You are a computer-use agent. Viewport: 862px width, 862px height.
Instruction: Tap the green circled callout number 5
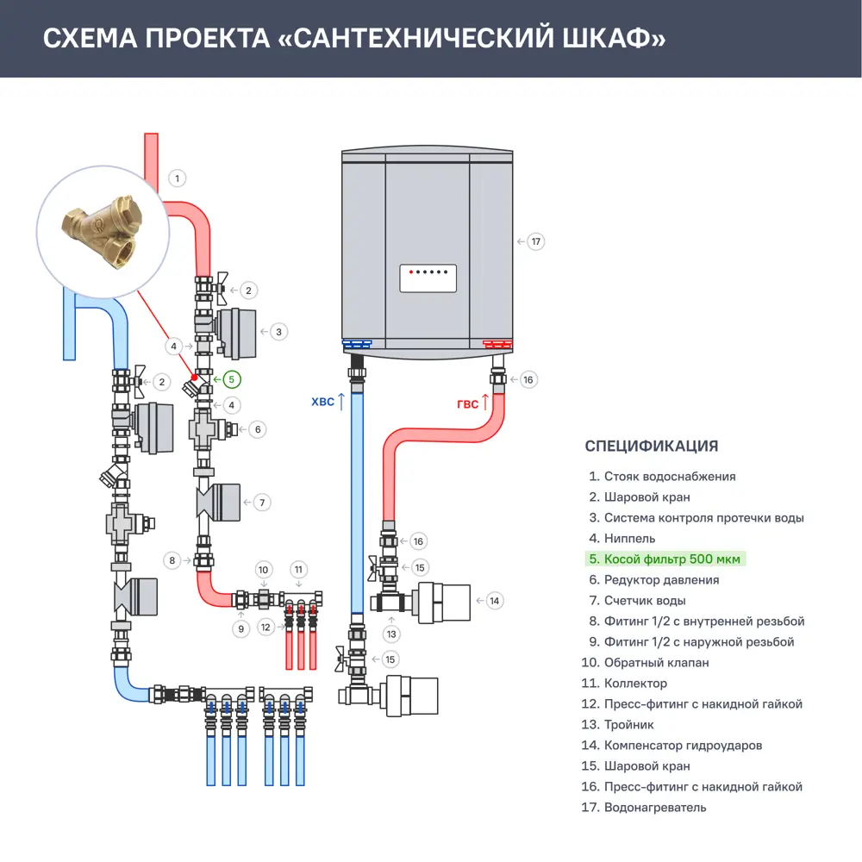[x=230, y=379]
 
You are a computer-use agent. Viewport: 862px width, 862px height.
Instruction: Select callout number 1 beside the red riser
[x=177, y=178]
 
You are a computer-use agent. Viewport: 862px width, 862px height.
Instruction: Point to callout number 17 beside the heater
[x=536, y=241]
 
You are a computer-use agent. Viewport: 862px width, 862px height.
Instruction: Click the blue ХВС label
[x=322, y=402]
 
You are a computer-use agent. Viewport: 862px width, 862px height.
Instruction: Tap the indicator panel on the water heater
[x=428, y=278]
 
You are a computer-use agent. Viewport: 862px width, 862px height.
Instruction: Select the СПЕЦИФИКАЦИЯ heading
[x=651, y=447]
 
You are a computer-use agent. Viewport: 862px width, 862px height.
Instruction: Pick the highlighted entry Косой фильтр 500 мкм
[x=666, y=559]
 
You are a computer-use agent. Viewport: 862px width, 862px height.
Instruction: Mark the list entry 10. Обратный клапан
[x=646, y=663]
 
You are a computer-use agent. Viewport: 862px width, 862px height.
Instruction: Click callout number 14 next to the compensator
[x=494, y=600]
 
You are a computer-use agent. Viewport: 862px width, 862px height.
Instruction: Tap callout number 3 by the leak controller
[x=278, y=331]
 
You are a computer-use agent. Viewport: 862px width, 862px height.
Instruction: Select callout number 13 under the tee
[x=393, y=634]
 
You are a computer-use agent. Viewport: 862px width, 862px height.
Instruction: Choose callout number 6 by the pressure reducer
[x=258, y=428]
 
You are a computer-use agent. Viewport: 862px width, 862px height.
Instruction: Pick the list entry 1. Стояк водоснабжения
[x=662, y=477]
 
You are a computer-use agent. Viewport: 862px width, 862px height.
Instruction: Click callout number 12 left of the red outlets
[x=266, y=628]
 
